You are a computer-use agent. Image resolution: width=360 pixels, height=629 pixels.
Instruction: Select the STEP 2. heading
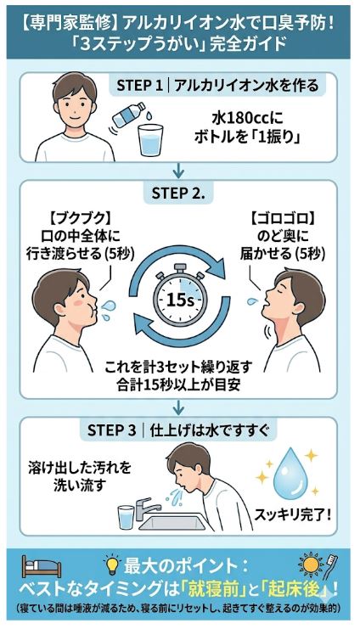coord(179,193)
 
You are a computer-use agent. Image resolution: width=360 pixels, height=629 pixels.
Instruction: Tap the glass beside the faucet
coord(127,514)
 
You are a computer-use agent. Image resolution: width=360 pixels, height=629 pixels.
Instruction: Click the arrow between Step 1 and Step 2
coord(179,170)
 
